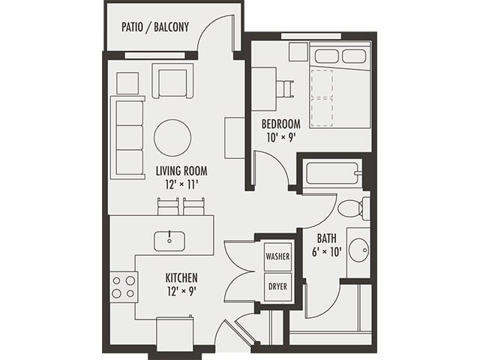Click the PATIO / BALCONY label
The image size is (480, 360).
pyautogui.click(x=154, y=28)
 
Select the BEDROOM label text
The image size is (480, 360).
pyautogui.click(x=280, y=124)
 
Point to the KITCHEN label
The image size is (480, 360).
pyautogui.click(x=181, y=277)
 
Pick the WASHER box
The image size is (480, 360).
pyautogui.click(x=277, y=256)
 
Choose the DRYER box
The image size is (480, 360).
pyautogui.click(x=277, y=286)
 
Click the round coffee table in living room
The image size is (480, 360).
pyautogui.click(x=172, y=138)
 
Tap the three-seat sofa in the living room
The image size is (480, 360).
pyautogui.click(x=127, y=136)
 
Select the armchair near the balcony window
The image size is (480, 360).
pyautogui.click(x=172, y=81)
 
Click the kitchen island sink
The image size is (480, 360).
pyautogui.click(x=170, y=241)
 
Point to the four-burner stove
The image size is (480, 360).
pyautogui.click(x=124, y=286)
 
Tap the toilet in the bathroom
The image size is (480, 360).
pyautogui.click(x=352, y=208)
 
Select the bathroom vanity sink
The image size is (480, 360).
pyautogui.click(x=358, y=248)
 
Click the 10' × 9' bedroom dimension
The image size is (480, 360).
pyautogui.click(x=280, y=136)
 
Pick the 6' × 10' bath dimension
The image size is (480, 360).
pyautogui.click(x=326, y=252)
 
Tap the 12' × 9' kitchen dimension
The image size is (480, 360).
pyautogui.click(x=181, y=290)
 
